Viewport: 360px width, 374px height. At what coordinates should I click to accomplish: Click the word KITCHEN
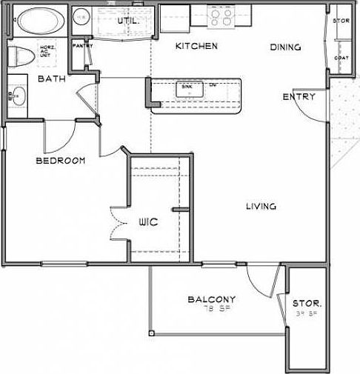point(196,47)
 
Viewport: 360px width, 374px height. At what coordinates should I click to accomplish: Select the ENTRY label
point(299,97)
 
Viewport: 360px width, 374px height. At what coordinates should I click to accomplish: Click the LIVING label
point(261,207)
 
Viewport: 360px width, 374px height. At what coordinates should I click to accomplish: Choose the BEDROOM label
point(60,160)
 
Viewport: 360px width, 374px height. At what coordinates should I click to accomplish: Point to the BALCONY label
point(212,299)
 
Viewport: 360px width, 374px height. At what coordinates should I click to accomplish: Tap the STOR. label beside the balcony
point(306,304)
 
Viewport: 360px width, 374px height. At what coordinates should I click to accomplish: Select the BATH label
point(51,79)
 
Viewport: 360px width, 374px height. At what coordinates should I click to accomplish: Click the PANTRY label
point(81,45)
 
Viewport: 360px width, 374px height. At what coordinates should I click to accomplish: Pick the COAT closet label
point(341,57)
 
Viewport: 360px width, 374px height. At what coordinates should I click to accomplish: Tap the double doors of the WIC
point(117,221)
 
